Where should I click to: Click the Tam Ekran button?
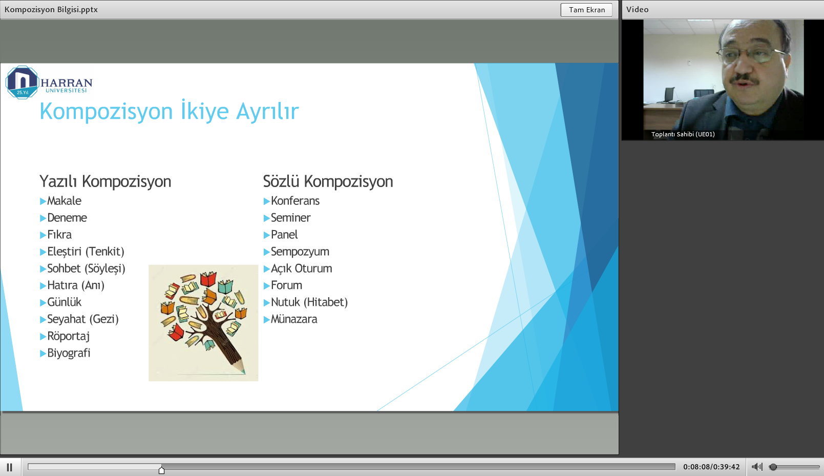(x=586, y=10)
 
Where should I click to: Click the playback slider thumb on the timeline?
(x=161, y=470)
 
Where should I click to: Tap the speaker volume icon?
(x=757, y=467)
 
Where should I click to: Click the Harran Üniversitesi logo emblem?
(x=23, y=82)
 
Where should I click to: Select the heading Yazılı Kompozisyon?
(x=105, y=181)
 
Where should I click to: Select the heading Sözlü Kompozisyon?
(x=328, y=181)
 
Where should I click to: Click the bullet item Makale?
(x=64, y=201)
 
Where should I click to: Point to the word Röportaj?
(x=69, y=336)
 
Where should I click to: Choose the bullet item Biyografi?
(x=69, y=353)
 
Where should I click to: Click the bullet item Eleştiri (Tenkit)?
(x=86, y=252)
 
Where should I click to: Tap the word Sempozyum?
(x=300, y=252)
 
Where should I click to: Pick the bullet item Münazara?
(x=294, y=319)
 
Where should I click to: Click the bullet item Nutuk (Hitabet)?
(x=309, y=302)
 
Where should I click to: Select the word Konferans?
(x=295, y=201)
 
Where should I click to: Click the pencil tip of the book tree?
(x=243, y=372)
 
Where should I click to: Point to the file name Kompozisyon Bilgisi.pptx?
(x=51, y=10)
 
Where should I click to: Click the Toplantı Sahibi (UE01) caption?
(x=683, y=134)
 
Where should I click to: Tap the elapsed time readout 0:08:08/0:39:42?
(x=711, y=467)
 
